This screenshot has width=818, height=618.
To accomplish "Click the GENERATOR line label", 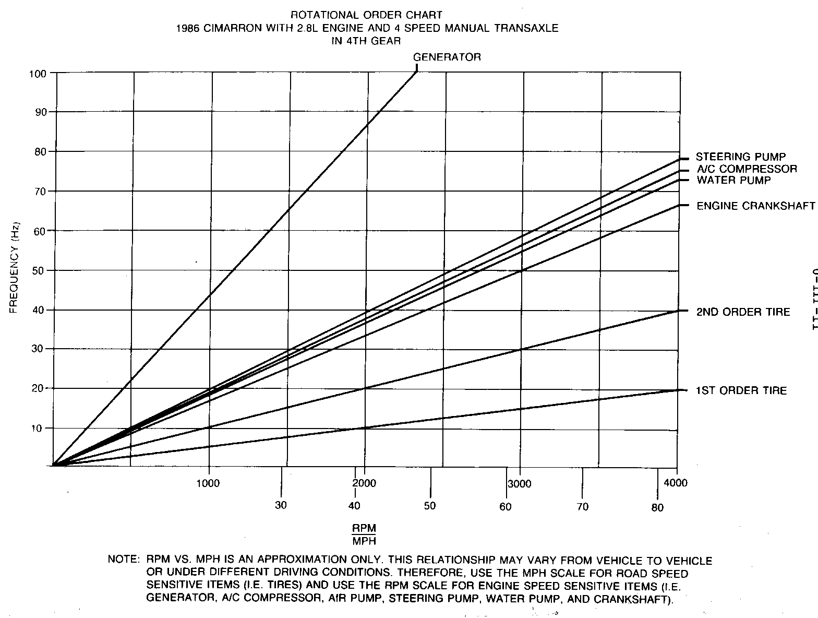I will coord(447,57).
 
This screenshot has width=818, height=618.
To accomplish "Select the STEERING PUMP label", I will coord(741,157).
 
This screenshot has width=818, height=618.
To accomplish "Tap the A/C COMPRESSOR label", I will coord(747,169).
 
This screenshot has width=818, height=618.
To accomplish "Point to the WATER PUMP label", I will coord(733,180).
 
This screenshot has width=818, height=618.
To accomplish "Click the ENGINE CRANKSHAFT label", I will coord(755,206).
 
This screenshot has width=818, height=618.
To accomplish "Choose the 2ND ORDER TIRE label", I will coord(743,312).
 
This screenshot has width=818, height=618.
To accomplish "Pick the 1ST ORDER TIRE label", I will coord(741,390).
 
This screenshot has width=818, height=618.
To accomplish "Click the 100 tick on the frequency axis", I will coord(40,73).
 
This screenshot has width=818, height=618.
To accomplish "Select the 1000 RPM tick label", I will coord(208,483).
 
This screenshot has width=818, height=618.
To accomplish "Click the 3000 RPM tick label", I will coord(520,484).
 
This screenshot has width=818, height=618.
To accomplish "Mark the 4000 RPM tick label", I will coord(677,483).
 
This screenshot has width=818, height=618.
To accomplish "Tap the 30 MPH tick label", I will coord(281,505).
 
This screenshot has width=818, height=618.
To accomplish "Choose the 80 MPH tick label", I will coord(657,507).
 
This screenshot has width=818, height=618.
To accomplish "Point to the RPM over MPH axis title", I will coord(364,534).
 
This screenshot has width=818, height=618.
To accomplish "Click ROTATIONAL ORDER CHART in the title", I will coord(368,16).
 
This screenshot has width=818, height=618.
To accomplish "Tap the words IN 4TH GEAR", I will coord(366,41).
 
